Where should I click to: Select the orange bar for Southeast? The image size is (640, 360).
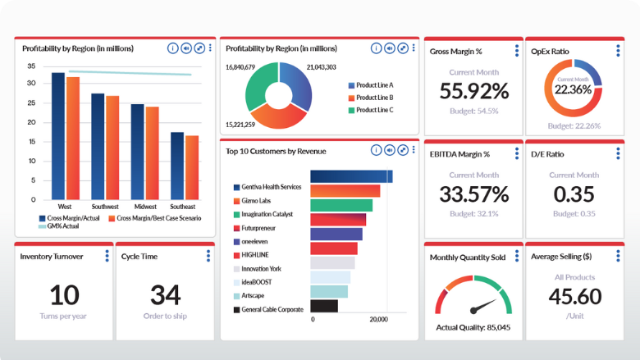click(192, 168)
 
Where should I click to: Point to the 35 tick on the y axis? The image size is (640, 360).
click(31, 66)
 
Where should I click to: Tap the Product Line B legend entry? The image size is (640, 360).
click(374, 98)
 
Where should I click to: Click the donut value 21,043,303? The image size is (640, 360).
click(321, 66)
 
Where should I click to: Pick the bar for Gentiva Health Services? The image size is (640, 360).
click(351, 176)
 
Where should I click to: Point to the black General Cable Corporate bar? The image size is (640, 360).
click(325, 306)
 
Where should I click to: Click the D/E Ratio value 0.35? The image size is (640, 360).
click(574, 194)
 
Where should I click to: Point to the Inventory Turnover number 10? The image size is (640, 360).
click(65, 294)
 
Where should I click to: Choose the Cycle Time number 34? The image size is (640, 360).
click(167, 294)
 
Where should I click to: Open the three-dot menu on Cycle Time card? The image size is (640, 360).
click(208, 256)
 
